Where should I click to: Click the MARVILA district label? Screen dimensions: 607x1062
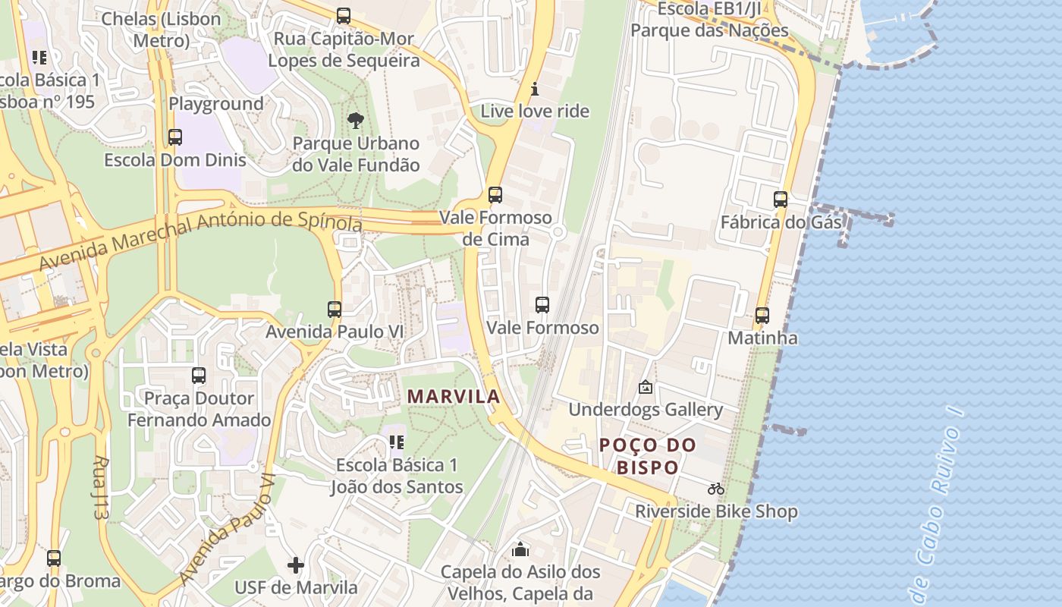click(454, 396)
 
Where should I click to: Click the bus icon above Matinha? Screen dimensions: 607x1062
click(762, 316)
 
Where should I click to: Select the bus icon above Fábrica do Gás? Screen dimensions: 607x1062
click(781, 200)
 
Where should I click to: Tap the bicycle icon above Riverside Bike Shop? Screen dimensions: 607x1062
click(715, 489)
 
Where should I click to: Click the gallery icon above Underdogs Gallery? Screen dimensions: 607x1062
click(646, 387)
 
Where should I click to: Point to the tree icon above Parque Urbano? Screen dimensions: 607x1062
click(355, 120)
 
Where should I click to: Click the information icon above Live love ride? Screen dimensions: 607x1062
click(535, 89)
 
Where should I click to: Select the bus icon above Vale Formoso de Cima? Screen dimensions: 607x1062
click(495, 195)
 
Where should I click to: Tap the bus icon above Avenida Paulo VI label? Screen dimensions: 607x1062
click(335, 310)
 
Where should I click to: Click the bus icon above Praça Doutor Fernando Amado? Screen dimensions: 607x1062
click(199, 376)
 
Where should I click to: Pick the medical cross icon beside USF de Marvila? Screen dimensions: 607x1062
click(296, 565)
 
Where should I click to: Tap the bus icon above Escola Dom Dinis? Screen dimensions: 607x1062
click(175, 137)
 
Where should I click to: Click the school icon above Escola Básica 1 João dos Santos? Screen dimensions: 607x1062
click(397, 442)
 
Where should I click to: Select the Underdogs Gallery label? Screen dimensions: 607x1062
click(646, 410)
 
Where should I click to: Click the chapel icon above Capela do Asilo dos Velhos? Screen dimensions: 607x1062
click(520, 549)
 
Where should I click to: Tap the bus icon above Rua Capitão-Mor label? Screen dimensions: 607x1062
click(344, 16)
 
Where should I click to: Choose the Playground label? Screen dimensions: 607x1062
click(216, 104)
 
